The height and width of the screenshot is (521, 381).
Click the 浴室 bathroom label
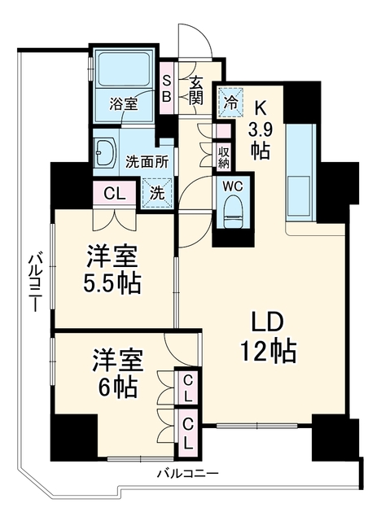124,105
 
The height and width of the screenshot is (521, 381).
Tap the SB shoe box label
167,88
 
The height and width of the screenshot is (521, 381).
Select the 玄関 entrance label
196,90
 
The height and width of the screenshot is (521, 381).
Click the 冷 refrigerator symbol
230,102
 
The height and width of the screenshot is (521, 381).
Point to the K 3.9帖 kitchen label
260,130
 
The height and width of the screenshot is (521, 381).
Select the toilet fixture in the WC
233,211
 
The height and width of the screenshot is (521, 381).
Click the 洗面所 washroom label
147,163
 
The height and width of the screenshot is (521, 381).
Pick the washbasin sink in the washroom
105,152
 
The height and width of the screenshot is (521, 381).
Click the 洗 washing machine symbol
157,193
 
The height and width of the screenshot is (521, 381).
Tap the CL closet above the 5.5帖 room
115,194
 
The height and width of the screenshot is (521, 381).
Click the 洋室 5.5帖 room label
112,269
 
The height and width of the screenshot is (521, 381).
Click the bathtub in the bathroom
125,69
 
